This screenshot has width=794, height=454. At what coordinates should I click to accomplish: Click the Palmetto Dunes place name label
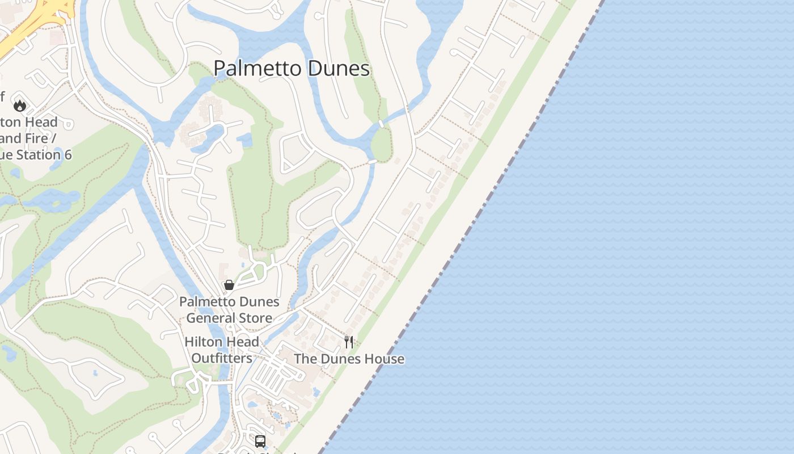(x=292, y=69)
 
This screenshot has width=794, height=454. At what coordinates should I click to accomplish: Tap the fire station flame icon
(x=20, y=105)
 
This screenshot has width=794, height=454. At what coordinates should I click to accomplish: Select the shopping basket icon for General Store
(x=229, y=285)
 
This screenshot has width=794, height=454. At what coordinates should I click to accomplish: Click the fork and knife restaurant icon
(x=349, y=342)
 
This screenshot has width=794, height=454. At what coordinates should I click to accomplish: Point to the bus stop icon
(x=260, y=441)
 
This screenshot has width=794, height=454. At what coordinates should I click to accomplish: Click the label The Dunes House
(x=349, y=359)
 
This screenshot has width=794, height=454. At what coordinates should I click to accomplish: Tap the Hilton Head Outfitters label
(x=222, y=350)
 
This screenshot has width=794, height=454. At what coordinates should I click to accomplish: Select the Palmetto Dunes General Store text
(x=229, y=309)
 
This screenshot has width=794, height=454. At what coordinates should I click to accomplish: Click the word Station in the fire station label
(x=38, y=155)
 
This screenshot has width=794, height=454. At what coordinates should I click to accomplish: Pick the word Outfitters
(x=222, y=359)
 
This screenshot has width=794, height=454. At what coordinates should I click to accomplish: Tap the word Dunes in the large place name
(x=339, y=69)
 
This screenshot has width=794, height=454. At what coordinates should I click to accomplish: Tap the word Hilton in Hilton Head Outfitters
(x=203, y=342)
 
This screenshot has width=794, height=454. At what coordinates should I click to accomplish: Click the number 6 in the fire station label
(x=67, y=155)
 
